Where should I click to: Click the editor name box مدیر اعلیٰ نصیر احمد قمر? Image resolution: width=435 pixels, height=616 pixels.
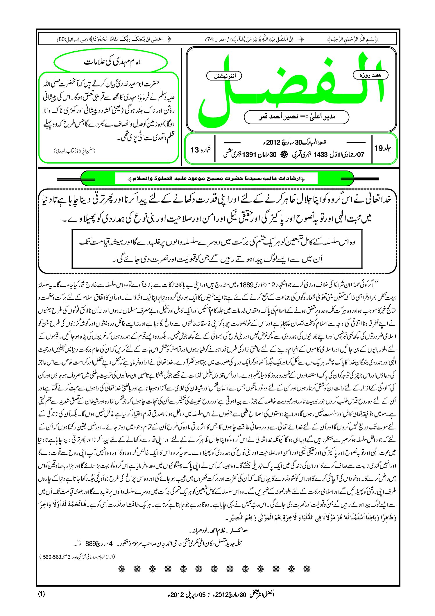(296, 117)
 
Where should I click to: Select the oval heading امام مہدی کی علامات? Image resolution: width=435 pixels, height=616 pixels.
(111, 62)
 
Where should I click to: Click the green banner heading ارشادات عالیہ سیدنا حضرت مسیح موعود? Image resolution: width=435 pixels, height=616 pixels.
(216, 179)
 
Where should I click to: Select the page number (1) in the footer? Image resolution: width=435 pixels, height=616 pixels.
(41, 594)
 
